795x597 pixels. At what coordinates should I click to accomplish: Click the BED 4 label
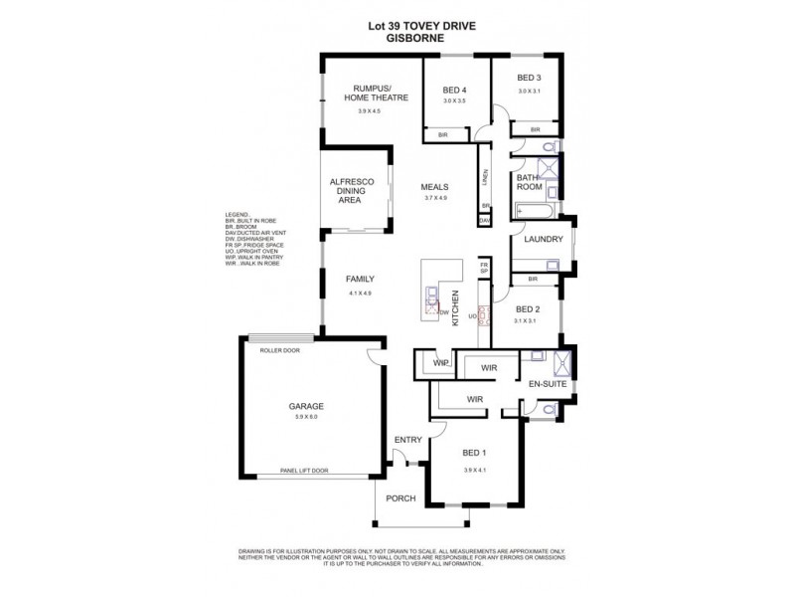coord(454,91)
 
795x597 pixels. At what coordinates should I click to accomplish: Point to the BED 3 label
coord(529,78)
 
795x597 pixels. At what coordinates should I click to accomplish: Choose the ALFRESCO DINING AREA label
coord(350,190)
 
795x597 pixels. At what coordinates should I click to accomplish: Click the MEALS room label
coord(435,186)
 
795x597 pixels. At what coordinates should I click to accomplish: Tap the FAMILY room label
coord(360,280)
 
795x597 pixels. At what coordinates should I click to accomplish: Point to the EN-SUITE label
coord(546,382)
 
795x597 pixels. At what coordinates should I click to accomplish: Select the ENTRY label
coord(407,439)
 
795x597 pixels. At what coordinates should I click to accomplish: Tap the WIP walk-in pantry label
coord(440,364)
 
